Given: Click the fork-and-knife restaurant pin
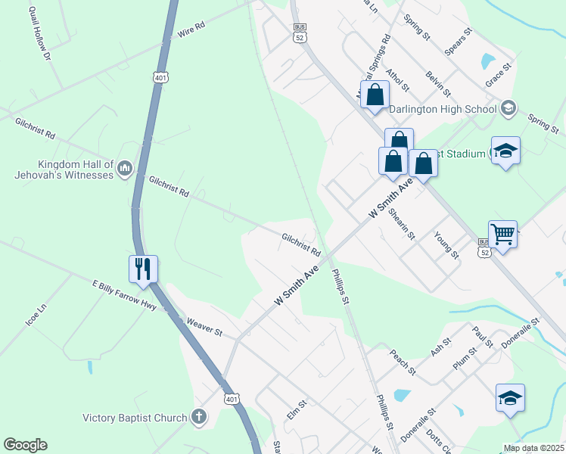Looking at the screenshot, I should (x=143, y=269).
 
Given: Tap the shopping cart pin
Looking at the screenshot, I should (x=502, y=235).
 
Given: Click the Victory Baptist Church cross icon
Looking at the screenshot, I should (x=198, y=417).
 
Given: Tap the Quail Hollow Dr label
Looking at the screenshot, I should (x=39, y=34).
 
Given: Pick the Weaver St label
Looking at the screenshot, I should (x=204, y=328).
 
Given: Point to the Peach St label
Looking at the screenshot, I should (x=403, y=361).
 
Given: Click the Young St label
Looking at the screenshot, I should (x=446, y=244).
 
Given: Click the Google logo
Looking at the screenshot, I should (x=25, y=445).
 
